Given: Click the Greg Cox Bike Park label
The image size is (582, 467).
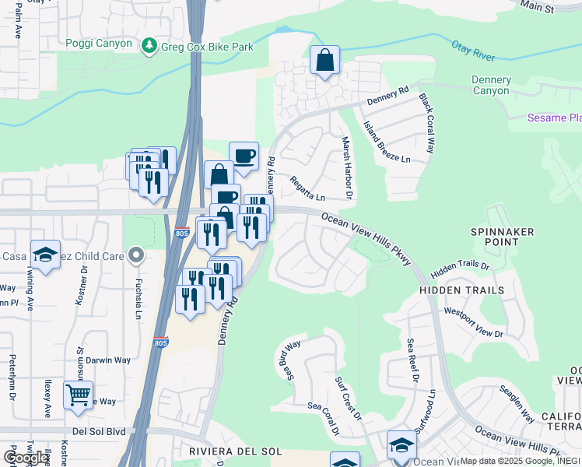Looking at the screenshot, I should pos(207,47).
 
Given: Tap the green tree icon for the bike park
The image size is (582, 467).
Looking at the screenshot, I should pos(149,47).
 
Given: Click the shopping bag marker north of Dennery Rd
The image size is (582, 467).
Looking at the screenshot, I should pos(324,60).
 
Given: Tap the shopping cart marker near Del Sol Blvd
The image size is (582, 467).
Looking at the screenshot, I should pos(78,395).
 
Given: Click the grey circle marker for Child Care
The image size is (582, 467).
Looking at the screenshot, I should pos(136,255).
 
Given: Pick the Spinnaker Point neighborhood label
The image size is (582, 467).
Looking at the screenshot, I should pos(494,237).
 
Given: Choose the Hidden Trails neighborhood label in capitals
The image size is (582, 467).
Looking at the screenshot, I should pos(462,290).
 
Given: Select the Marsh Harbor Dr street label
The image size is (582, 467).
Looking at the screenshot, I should pos(347,167).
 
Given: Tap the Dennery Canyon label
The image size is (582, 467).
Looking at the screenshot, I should pos(491,86).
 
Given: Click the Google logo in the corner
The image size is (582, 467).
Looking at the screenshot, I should pos(26,458).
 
